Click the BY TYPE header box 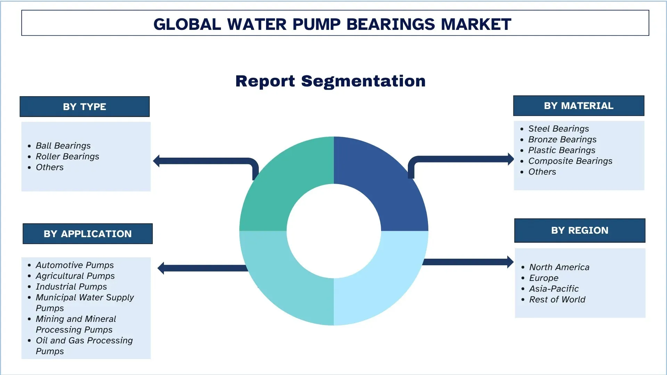pyautogui.click(x=84, y=107)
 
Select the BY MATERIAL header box pyautogui.click(x=579, y=106)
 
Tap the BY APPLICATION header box pyautogui.click(x=88, y=234)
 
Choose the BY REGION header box pyautogui.click(x=580, y=231)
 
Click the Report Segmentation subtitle pyautogui.click(x=330, y=81)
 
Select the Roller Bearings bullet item pyautogui.click(x=67, y=157)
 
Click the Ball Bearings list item pyautogui.click(x=63, y=146)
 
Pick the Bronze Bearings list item pyautogui.click(x=562, y=140)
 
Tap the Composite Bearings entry pyautogui.click(x=570, y=161)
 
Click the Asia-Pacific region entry pyautogui.click(x=554, y=289)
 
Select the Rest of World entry pyautogui.click(x=557, y=300)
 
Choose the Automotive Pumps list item pyautogui.click(x=75, y=265)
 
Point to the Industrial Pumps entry pyautogui.click(x=71, y=287)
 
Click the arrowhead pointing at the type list pyautogui.click(x=156, y=161)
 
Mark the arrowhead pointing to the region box pyautogui.click(x=510, y=262)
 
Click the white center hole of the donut pyautogui.click(x=334, y=231)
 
